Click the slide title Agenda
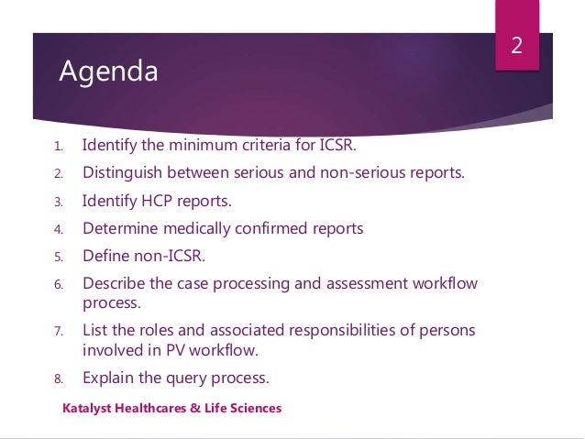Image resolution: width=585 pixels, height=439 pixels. [x=108, y=71]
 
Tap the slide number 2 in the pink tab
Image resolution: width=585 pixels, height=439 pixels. [x=516, y=46]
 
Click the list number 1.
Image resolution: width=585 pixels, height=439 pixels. [x=56, y=146]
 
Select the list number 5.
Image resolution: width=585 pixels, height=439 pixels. [x=56, y=257]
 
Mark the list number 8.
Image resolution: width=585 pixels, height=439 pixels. [x=56, y=378]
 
